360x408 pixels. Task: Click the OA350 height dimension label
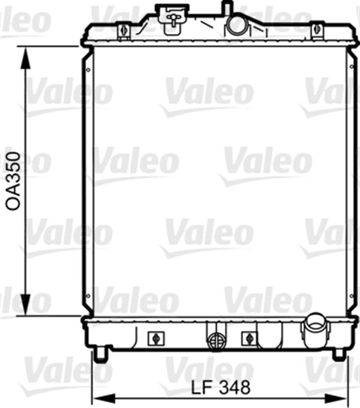point(13,181)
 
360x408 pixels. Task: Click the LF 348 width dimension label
point(221,388)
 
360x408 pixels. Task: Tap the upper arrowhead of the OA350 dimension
point(25,58)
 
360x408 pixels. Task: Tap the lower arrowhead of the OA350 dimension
point(25,305)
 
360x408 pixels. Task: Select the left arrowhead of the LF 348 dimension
point(104,398)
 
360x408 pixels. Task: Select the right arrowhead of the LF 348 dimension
point(336,398)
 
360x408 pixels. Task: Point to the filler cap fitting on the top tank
point(172,19)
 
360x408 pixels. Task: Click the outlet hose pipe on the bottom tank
point(316,330)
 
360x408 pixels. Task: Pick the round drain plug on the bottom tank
point(215,341)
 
